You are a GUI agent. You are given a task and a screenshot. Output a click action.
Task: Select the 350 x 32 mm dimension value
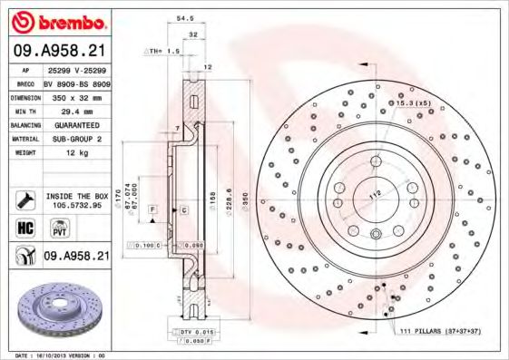75,97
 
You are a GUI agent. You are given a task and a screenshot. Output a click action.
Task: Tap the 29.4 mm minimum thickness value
75,111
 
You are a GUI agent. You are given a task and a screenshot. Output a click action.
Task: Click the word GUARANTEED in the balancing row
76,124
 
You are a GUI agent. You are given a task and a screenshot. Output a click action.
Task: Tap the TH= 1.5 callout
163,51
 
